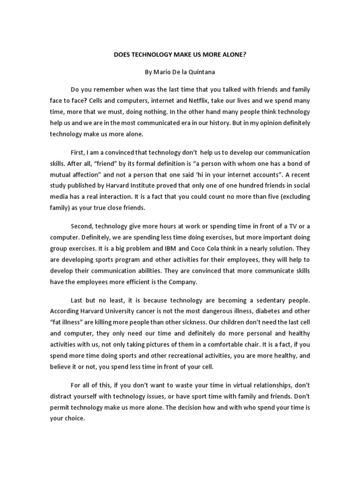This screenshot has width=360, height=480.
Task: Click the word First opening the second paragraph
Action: [x=78, y=153]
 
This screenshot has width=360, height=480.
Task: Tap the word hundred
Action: [x=252, y=186]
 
